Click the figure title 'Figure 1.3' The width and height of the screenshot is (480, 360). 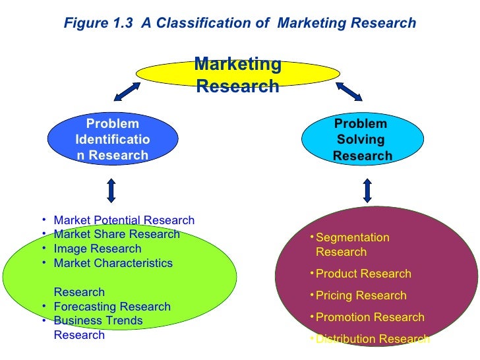(x=96, y=23)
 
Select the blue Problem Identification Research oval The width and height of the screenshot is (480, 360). (x=112, y=139)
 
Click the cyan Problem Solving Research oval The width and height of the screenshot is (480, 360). (x=361, y=139)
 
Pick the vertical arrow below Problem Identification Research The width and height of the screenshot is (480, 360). (x=111, y=190)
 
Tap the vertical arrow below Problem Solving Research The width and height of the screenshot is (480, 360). (x=367, y=190)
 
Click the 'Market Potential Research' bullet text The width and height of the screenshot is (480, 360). (x=124, y=220)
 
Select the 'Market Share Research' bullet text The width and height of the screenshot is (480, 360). (x=117, y=235)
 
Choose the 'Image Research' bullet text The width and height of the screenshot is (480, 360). (x=98, y=249)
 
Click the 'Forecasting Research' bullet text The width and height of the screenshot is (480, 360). (x=112, y=307)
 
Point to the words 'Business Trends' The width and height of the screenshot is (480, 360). (x=98, y=321)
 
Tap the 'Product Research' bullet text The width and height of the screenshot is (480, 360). (x=363, y=274)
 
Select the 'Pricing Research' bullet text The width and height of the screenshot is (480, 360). (x=361, y=295)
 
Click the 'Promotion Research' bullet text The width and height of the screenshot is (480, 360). (x=370, y=317)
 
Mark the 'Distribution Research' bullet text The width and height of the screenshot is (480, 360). (x=373, y=339)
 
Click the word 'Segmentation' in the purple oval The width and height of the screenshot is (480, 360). (x=353, y=237)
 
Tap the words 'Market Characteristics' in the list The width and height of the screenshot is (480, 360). (x=113, y=264)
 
